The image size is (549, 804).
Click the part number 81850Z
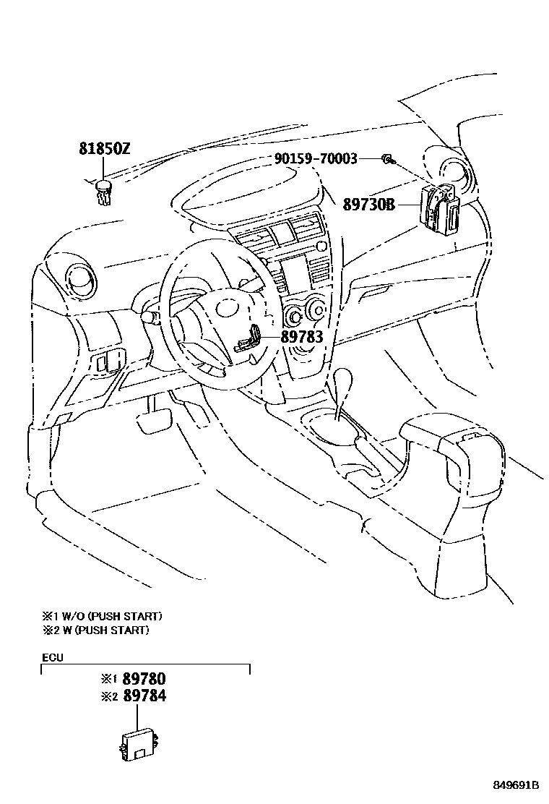click(x=104, y=150)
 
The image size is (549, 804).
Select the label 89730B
click(x=368, y=205)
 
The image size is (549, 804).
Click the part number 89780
click(x=144, y=679)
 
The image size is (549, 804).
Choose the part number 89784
click(x=144, y=696)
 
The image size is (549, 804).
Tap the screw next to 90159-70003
click(x=387, y=158)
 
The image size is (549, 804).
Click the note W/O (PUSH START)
click(x=109, y=616)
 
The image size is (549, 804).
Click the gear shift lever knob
click(x=347, y=381)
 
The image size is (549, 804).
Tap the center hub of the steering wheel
click(x=221, y=318)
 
